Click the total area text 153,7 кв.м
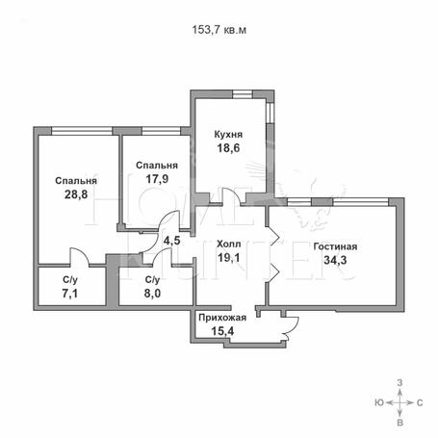click(219, 30)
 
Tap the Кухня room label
click(228, 134)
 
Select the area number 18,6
click(228, 148)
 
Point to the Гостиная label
click(335, 246)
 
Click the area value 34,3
click(335, 260)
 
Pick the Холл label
click(228, 244)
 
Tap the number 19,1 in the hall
click(228, 257)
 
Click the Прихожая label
click(222, 318)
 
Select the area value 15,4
click(222, 331)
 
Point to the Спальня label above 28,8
click(76, 181)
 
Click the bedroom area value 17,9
click(157, 179)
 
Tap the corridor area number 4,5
click(172, 241)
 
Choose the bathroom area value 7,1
click(70, 294)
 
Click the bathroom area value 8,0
click(152, 294)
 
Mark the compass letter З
click(399, 382)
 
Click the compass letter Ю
click(379, 402)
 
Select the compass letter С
click(420, 402)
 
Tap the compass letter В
click(399, 423)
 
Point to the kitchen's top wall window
click(243, 94)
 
